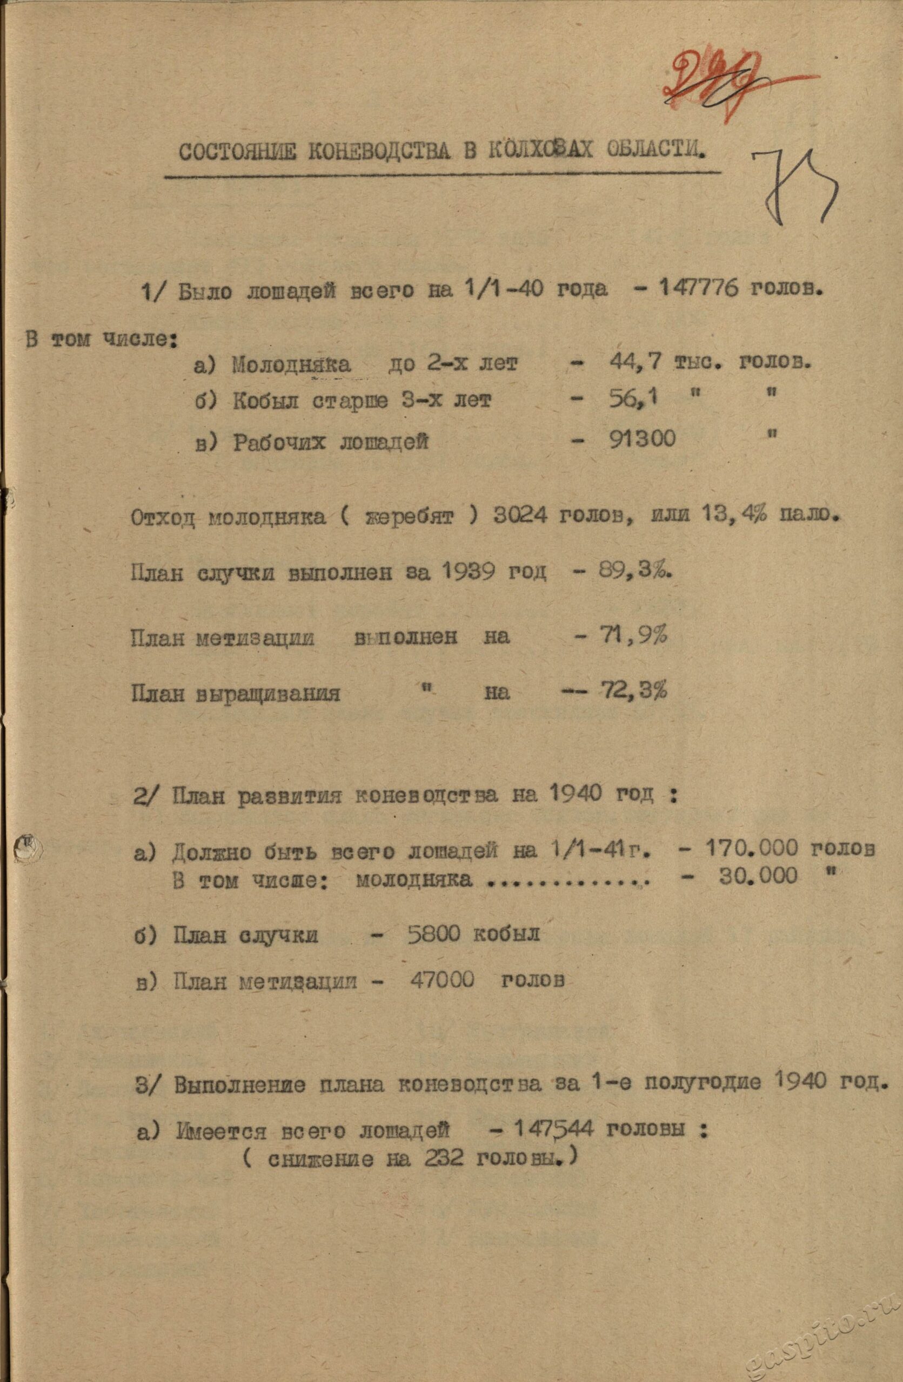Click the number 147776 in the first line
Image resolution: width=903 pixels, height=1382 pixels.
(x=700, y=290)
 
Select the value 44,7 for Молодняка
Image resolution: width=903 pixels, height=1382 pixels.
(x=634, y=363)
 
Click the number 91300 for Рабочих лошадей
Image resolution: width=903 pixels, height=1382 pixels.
(x=642, y=439)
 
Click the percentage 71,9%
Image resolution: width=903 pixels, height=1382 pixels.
(x=633, y=636)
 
